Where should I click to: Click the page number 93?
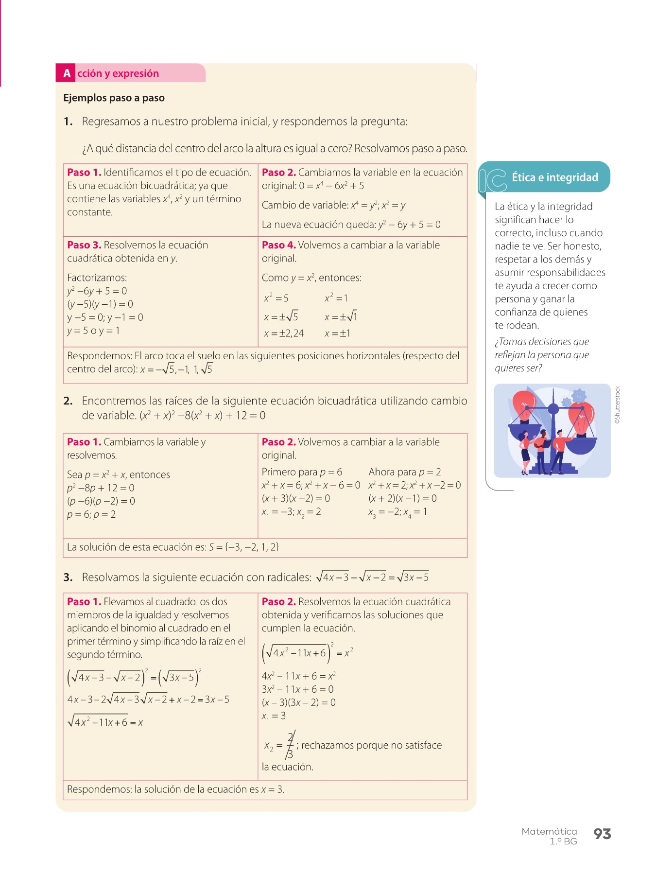tap(602, 834)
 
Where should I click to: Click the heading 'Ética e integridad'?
tap(554, 177)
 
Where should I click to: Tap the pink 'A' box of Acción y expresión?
tap(67, 73)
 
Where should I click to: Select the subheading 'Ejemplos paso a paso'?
tap(114, 98)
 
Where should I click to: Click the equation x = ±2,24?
tap(284, 333)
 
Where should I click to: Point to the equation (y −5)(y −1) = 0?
tap(100, 304)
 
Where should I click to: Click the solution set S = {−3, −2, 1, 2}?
tap(243, 547)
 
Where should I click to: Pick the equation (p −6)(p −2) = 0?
tap(101, 501)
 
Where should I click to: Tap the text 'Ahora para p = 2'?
tap(404, 472)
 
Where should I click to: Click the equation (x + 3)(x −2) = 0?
tap(296, 498)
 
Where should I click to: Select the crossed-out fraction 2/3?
tap(290, 745)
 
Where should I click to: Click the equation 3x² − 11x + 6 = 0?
tap(297, 689)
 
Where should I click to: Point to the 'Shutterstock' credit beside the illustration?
tap(617, 405)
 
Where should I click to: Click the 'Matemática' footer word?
tap(549, 832)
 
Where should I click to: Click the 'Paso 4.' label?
tap(278, 245)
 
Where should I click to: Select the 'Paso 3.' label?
tap(84, 245)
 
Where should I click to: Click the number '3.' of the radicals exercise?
tap(68, 577)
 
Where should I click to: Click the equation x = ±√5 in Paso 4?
tap(281, 317)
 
